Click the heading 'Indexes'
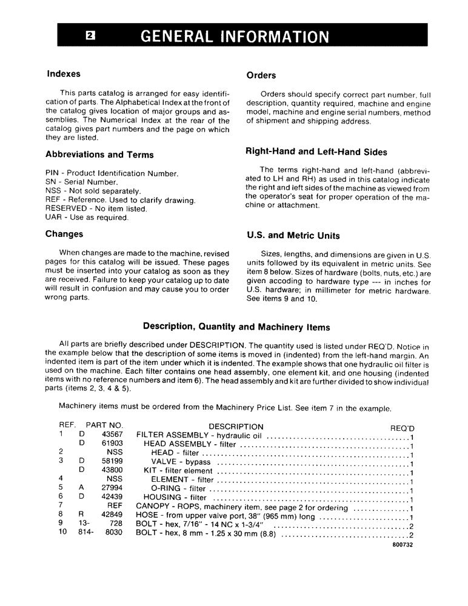(x=64, y=74)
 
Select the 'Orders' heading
(x=261, y=76)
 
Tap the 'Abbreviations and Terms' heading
(x=99, y=155)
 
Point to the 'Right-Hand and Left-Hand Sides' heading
(x=316, y=151)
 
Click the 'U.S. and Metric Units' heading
(x=293, y=236)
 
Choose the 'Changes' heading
(x=64, y=234)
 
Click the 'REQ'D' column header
(x=402, y=427)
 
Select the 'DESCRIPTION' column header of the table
(x=227, y=427)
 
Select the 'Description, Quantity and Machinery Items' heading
(x=236, y=327)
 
